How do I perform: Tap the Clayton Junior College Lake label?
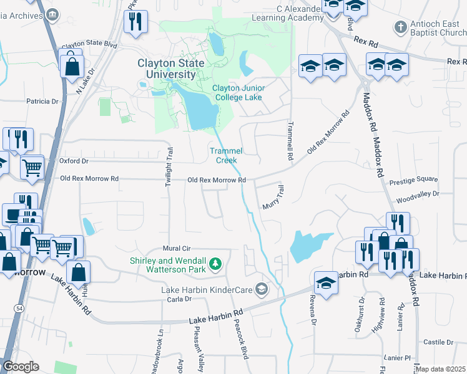click(x=238, y=93)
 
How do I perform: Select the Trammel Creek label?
click(x=225, y=155)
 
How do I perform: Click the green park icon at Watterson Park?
click(x=216, y=264)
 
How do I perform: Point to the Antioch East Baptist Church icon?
click(x=400, y=27)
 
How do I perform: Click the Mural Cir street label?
click(x=175, y=248)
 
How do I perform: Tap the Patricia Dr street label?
click(x=42, y=100)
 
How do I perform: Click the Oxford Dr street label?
click(x=74, y=161)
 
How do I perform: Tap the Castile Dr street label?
click(x=438, y=342)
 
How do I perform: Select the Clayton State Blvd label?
click(x=89, y=45)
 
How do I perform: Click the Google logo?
click(x=21, y=367)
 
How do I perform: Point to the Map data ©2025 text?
click(x=441, y=370)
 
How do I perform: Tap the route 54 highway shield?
click(x=18, y=309)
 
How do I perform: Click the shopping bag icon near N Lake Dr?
click(x=72, y=64)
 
